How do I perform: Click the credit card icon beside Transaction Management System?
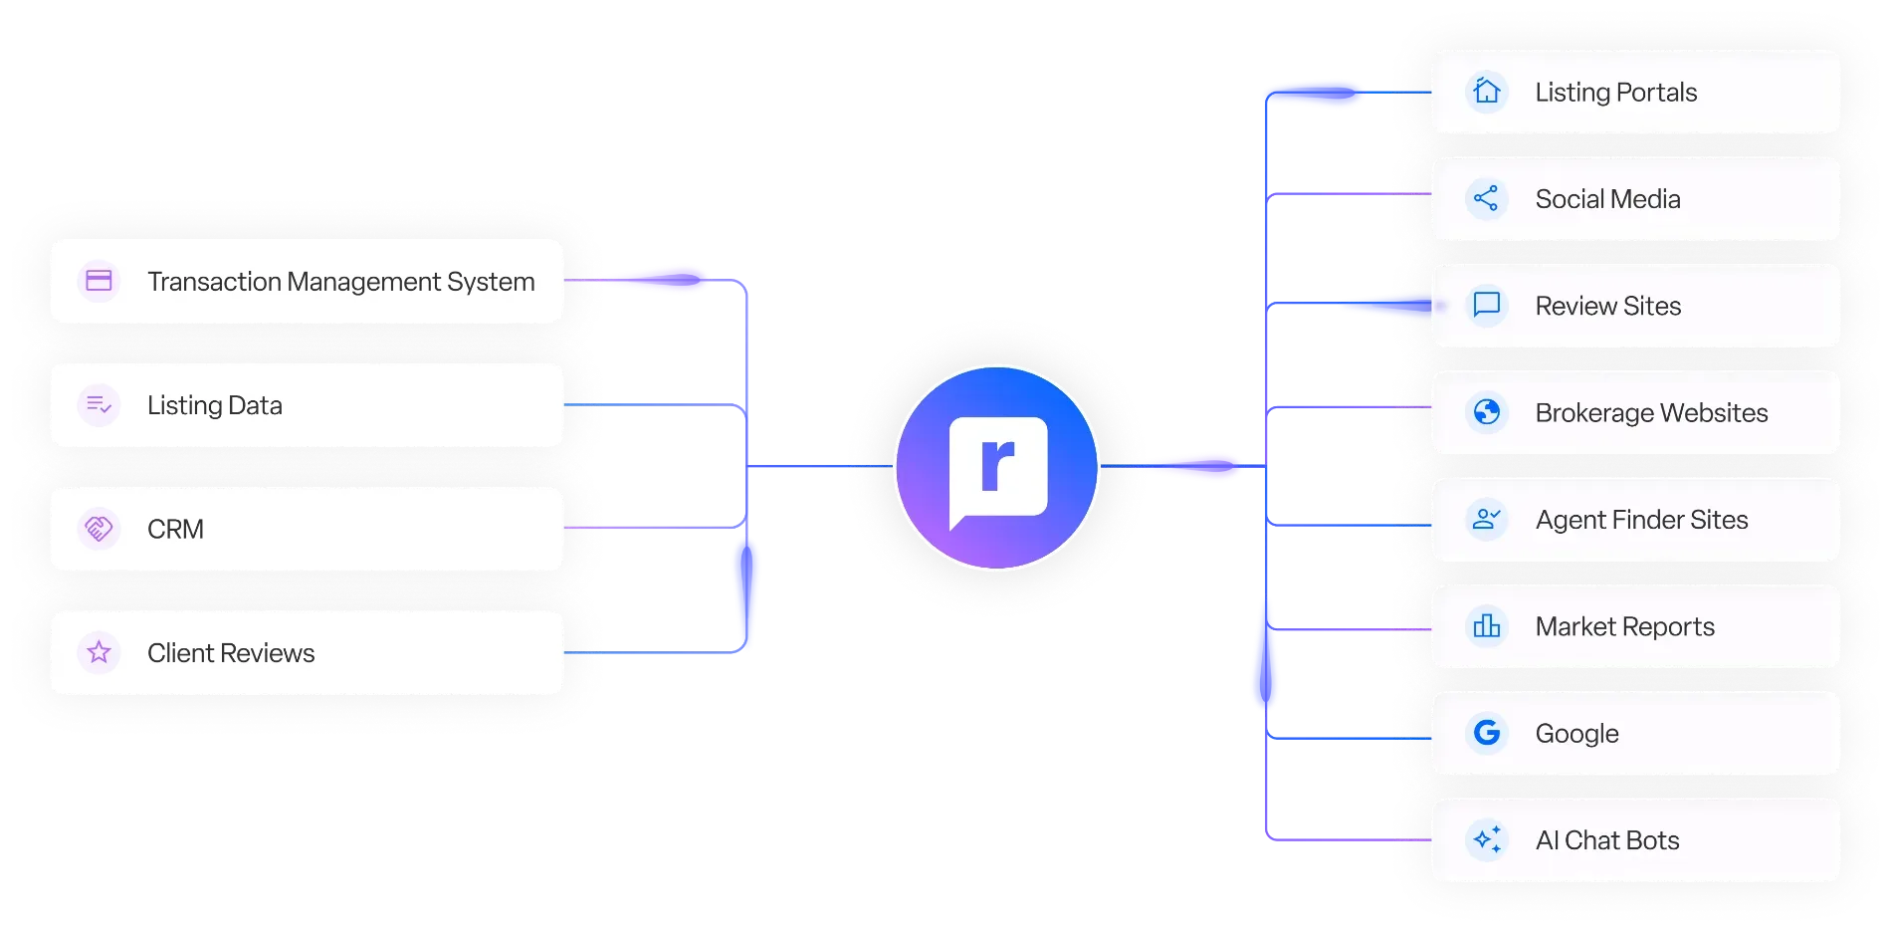coord(99,281)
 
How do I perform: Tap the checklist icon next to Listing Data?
coord(99,404)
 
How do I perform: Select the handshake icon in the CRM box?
coord(99,529)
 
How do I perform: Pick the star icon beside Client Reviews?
coord(99,652)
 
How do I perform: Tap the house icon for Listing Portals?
coord(1487,92)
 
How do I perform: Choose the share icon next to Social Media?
coord(1487,198)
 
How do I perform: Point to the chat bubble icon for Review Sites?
coord(1487,305)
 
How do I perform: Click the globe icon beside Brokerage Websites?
coord(1487,412)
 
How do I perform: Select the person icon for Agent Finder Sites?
coord(1487,519)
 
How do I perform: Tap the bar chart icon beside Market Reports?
coord(1487,626)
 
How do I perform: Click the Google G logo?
coord(1487,733)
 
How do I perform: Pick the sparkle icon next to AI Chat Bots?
coord(1487,839)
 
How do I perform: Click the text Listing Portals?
coord(1615,93)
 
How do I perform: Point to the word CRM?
coord(175,529)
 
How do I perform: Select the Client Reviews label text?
coord(231,653)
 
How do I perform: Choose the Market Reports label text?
coord(1624,627)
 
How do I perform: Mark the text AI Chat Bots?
coord(1606,840)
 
